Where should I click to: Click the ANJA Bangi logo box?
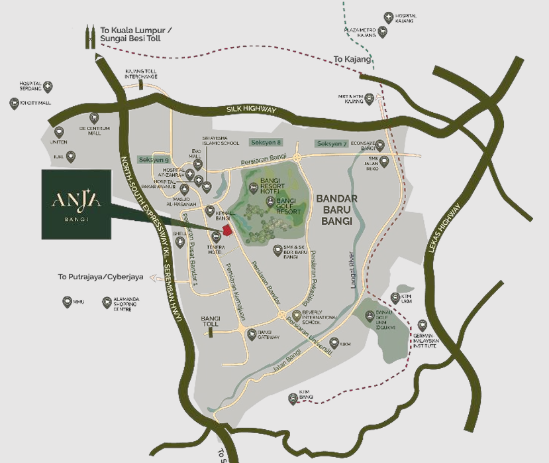75,204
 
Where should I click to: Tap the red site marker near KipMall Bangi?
227,230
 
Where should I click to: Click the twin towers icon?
89,38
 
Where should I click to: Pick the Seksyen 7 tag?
332,143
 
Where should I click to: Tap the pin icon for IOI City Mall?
14,103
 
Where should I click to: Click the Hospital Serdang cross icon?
48,86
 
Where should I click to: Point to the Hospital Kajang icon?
388,18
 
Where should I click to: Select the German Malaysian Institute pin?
423,326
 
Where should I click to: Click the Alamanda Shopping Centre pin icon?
106,302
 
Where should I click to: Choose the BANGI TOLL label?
210,322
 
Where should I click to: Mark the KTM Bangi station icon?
293,399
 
